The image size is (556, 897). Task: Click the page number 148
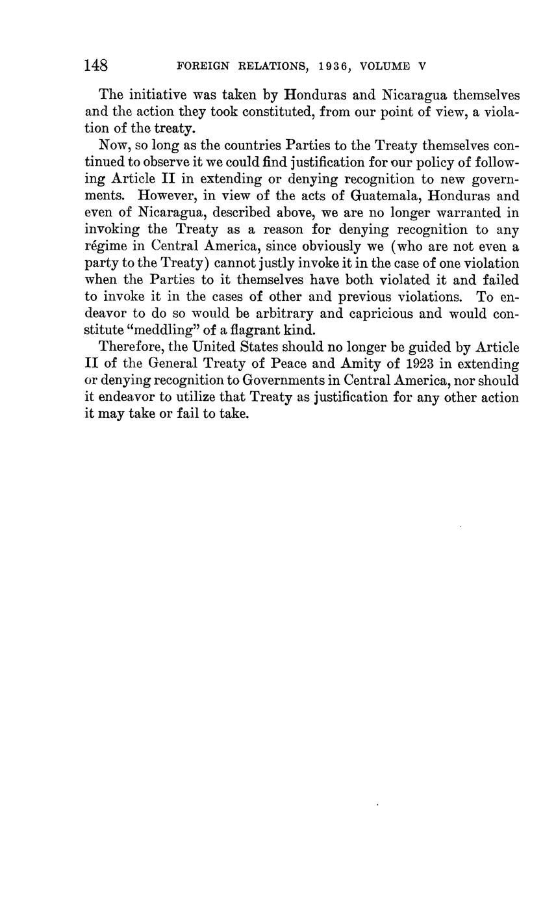coord(96,66)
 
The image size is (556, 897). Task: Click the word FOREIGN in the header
coord(200,66)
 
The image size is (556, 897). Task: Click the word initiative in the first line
coord(155,95)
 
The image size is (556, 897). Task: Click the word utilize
coord(182,398)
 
